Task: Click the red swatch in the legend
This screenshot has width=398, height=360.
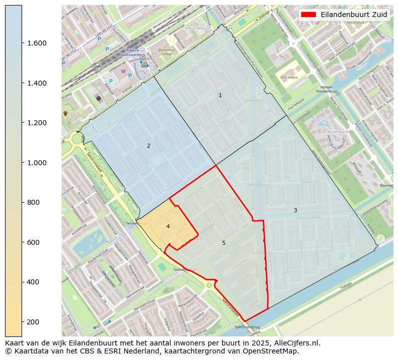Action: (308, 15)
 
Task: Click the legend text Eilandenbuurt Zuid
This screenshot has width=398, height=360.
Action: (354, 15)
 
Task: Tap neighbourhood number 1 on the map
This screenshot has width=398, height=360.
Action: (220, 95)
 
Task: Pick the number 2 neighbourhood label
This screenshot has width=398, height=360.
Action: (148, 146)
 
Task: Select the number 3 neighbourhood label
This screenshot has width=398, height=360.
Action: (295, 210)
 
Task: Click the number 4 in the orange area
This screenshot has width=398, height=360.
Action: (168, 226)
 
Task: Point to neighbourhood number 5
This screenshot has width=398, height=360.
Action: (224, 243)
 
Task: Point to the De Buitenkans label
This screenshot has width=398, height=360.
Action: (331, 131)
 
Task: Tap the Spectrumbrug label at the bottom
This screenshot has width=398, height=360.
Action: (248, 326)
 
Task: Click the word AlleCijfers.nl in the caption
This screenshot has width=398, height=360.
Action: (295, 343)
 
